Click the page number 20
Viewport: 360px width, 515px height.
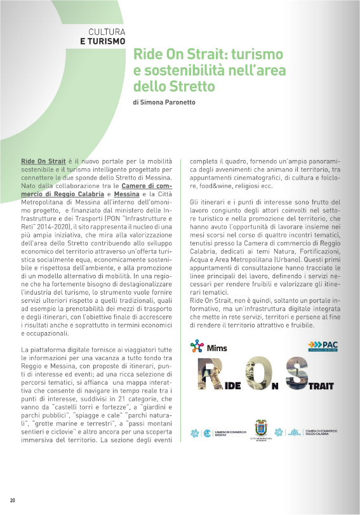[12, 500]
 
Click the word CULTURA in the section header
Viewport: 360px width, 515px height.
[108, 31]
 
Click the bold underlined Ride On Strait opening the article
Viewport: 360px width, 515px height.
[43, 163]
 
